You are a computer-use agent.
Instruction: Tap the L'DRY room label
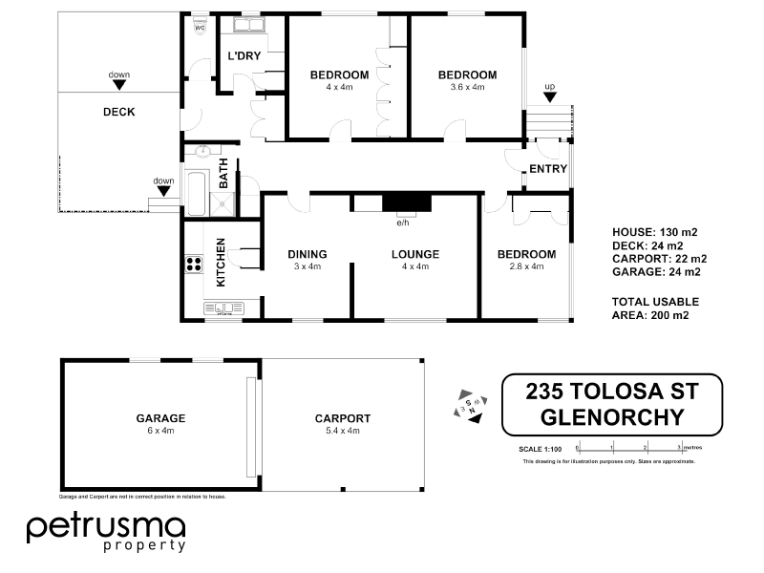244,55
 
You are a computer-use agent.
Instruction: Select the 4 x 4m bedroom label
339,80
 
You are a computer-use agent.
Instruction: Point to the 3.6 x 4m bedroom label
467,80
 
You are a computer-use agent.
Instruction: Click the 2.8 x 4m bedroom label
526,260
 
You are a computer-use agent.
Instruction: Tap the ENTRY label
548,170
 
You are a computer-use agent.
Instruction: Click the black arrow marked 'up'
549,97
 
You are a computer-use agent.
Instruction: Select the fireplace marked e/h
406,202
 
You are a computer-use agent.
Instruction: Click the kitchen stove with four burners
193,265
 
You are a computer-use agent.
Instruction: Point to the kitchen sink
226,308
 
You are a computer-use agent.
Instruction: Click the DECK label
118,112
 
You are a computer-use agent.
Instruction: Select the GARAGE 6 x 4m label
159,424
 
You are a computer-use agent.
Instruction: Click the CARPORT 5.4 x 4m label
342,424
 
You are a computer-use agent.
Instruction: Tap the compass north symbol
469,407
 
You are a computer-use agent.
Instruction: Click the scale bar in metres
630,447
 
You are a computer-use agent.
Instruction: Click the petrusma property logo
105,531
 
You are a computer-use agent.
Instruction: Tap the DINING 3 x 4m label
308,260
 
